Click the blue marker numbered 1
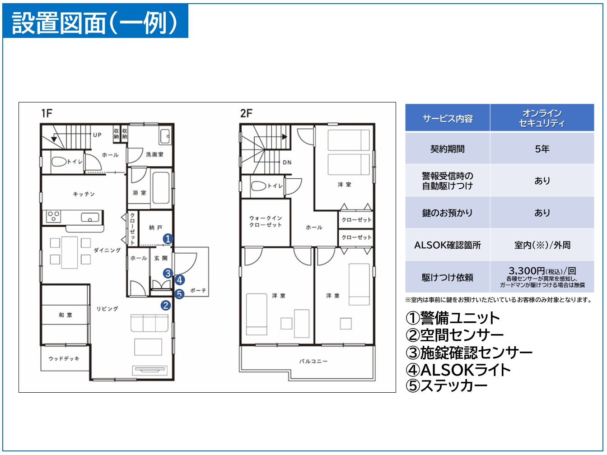pyautogui.click(x=168, y=239)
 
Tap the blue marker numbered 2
pyautogui.click(x=166, y=306)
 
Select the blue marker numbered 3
pyautogui.click(x=168, y=273)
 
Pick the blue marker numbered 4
pyautogui.click(x=180, y=280)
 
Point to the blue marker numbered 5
pyautogui.click(x=179, y=294)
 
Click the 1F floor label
pyautogui.click(x=47, y=113)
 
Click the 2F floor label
pyautogui.click(x=246, y=113)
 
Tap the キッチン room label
pyautogui.click(x=84, y=194)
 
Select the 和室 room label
pyautogui.click(x=65, y=315)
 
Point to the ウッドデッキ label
pyautogui.click(x=64, y=359)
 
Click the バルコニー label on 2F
pyautogui.click(x=313, y=362)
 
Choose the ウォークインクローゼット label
pyautogui.click(x=266, y=221)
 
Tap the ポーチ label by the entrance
pyautogui.click(x=198, y=290)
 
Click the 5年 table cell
pyautogui.click(x=542, y=149)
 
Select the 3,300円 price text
pyautogui.click(x=527, y=271)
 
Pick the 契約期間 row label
pyautogui.click(x=447, y=149)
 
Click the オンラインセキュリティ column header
pyautogui.click(x=542, y=118)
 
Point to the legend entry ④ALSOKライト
pyautogui.click(x=458, y=370)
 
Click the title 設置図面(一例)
pyautogui.click(x=95, y=23)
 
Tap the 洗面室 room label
pyautogui.click(x=154, y=154)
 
